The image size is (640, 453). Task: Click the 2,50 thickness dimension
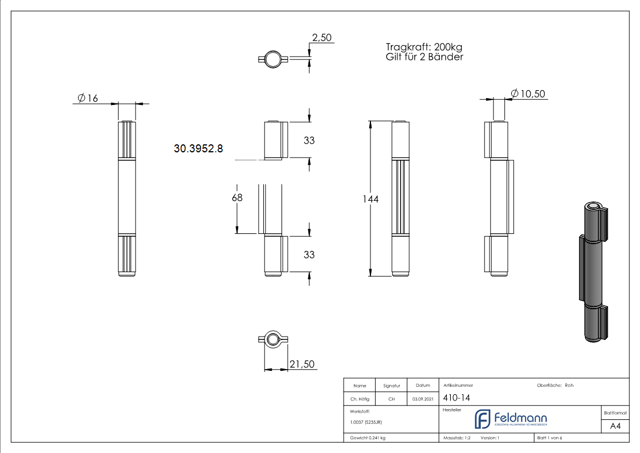click(321, 38)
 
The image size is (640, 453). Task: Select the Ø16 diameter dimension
click(86, 98)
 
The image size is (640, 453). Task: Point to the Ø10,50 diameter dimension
click(529, 94)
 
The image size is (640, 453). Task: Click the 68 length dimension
click(237, 197)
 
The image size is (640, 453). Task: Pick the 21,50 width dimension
click(302, 365)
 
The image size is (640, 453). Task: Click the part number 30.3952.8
click(198, 148)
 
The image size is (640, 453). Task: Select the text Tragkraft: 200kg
click(424, 47)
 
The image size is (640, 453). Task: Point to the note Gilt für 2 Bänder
click(424, 57)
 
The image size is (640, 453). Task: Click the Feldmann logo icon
click(483, 419)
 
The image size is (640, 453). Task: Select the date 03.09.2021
click(422, 399)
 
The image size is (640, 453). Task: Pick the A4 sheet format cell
click(615, 426)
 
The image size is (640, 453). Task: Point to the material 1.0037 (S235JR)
click(366, 422)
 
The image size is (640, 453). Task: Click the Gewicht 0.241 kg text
click(368, 438)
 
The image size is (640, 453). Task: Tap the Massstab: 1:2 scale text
click(456, 438)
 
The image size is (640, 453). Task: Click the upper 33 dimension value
click(309, 140)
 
